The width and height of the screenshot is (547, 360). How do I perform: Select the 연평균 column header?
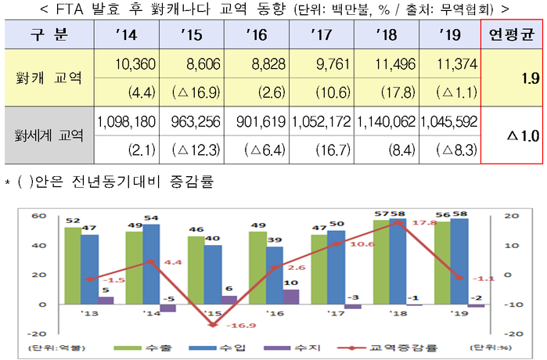(x=511, y=35)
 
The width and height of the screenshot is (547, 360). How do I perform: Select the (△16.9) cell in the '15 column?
(x=192, y=92)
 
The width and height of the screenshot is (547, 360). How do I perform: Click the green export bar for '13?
(x=72, y=265)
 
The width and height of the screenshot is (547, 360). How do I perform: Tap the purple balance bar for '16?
(x=291, y=296)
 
